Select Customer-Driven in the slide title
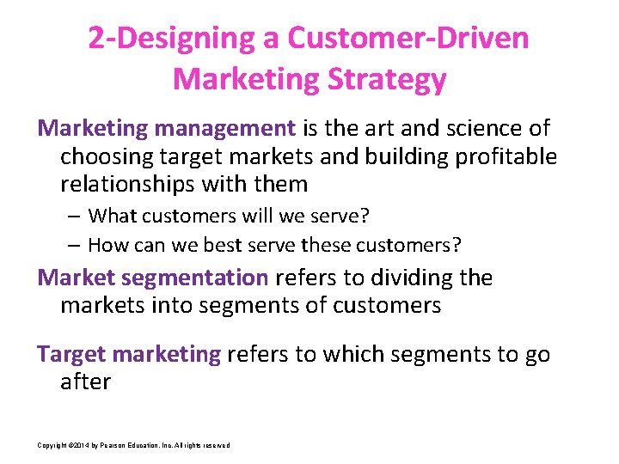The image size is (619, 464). [408, 39]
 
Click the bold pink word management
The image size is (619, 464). [224, 129]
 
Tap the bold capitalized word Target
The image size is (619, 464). [71, 354]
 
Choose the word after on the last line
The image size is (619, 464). [85, 382]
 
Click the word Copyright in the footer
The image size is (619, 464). [52, 444]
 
